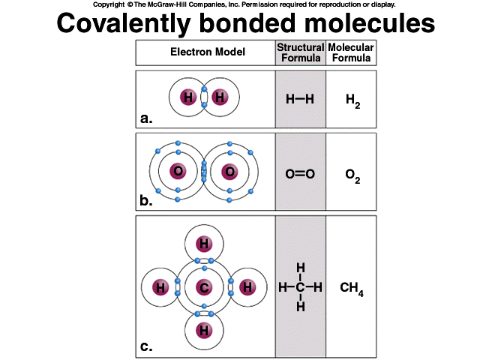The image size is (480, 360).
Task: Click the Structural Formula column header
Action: [300, 52]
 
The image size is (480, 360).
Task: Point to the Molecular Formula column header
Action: [351, 52]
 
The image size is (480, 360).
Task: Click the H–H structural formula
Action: [300, 98]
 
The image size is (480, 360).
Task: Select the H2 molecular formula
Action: [352, 100]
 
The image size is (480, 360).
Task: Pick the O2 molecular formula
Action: [352, 175]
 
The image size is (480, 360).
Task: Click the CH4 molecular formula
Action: [352, 288]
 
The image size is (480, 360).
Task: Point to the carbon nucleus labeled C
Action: [204, 287]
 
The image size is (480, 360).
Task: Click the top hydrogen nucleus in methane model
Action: [204, 244]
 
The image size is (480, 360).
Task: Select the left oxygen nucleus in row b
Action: [178, 172]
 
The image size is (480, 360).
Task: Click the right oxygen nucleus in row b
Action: [229, 172]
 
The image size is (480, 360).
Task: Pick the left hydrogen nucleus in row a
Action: [187, 97]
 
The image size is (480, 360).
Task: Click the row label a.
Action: [146, 117]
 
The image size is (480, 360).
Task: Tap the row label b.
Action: [146, 200]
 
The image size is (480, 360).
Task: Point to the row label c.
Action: [146, 346]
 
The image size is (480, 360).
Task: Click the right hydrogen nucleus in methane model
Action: [248, 287]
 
